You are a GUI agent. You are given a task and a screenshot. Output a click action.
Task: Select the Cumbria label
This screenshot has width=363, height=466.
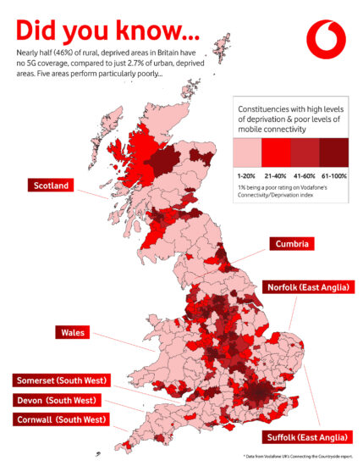tap(295, 244)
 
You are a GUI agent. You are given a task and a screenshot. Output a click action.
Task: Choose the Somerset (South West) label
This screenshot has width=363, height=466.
tap(58, 380)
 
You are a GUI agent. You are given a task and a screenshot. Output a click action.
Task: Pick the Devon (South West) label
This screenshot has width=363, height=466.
tap(55, 399)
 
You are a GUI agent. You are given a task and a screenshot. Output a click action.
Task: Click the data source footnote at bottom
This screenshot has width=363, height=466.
tap(301, 456)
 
